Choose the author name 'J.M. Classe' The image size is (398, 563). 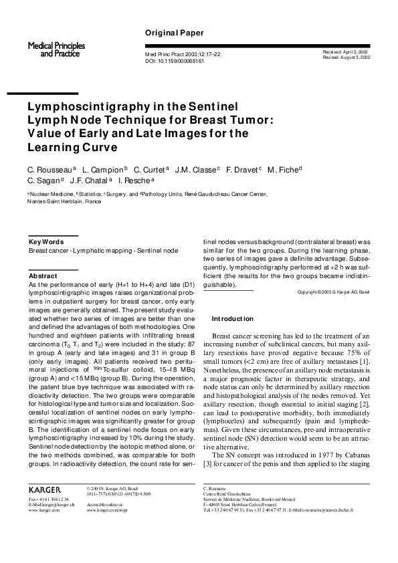(196, 171)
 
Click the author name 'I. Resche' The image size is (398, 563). (135, 181)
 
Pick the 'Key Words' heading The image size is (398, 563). (46, 241)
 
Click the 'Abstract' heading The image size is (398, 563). (43, 275)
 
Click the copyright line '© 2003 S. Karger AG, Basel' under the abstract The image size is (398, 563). (333, 293)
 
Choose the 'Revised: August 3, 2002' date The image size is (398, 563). (346, 58)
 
